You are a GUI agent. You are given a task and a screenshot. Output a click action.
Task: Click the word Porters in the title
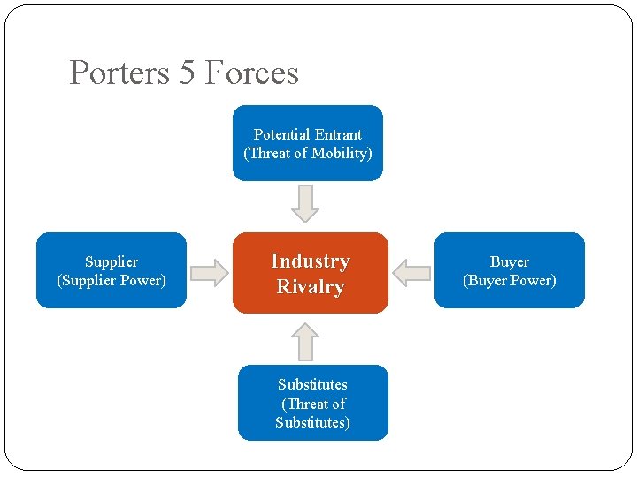[x=119, y=72]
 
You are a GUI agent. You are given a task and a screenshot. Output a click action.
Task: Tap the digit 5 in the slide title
[x=187, y=72]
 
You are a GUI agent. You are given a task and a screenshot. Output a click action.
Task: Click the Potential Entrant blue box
[x=307, y=143]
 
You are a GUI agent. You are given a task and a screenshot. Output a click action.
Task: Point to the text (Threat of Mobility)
[x=308, y=154]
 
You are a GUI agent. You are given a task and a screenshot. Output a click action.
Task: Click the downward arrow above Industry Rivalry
[x=305, y=203]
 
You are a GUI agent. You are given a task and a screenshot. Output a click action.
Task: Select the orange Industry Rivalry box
[x=310, y=273]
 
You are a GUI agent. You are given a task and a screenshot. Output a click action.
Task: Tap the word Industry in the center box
[x=311, y=261]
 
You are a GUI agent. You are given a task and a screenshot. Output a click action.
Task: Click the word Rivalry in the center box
[x=311, y=286]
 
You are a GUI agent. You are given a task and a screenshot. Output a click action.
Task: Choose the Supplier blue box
[x=111, y=270]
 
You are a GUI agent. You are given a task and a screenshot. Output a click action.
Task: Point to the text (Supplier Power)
[x=111, y=281]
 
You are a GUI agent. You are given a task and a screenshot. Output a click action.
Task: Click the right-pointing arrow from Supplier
[x=210, y=272]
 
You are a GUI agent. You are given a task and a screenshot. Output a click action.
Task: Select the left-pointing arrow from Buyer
[x=411, y=272]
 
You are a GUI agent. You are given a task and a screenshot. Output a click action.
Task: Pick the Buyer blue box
[x=510, y=270]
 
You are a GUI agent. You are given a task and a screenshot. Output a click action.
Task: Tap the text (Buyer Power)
[x=510, y=281]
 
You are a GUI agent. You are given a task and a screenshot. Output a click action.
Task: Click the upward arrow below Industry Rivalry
[x=305, y=340]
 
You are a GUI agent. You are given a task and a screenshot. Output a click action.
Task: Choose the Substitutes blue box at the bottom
[x=312, y=403]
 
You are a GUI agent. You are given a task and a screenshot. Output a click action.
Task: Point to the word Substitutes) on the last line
[x=312, y=422]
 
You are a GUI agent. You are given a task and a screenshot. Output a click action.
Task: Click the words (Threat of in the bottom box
[x=313, y=404]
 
